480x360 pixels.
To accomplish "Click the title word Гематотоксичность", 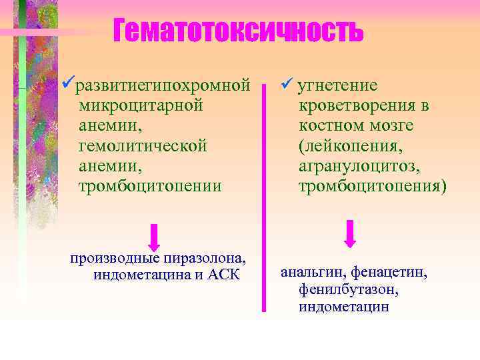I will click(239, 30).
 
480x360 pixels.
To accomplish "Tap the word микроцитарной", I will click(140, 105).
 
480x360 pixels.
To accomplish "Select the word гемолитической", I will click(143, 145).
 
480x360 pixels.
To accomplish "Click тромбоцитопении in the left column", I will click(150, 185).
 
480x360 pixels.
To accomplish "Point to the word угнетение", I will click(337, 86).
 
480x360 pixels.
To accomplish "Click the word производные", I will click(115, 259).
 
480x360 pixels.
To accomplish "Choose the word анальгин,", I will click(312, 273).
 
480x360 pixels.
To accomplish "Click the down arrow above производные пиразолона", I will click(154, 237).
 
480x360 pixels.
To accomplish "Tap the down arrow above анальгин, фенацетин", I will click(349, 233).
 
